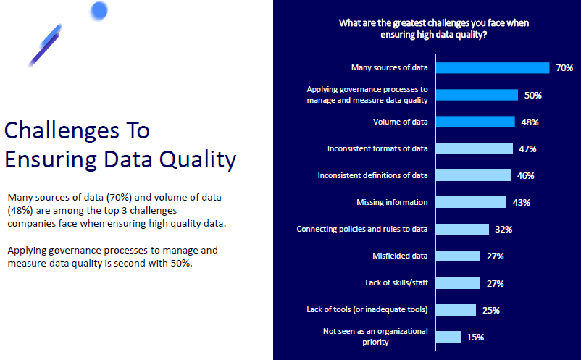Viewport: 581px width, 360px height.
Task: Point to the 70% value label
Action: tap(564, 68)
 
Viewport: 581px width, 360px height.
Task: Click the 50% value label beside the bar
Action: tap(533, 95)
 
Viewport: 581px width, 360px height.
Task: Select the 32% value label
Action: tap(503, 230)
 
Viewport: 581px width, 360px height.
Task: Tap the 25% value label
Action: tap(490, 310)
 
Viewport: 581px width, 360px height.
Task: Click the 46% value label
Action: tap(525, 175)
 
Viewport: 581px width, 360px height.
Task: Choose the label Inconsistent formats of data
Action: tap(377, 148)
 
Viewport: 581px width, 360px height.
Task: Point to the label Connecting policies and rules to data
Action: tap(362, 229)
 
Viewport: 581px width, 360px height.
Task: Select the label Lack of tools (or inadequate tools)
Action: tap(367, 309)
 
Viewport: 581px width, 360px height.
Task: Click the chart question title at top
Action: tap(433, 28)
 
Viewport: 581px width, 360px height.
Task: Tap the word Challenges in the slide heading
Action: tap(77, 130)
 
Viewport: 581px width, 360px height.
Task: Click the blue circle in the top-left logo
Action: tap(99, 10)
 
